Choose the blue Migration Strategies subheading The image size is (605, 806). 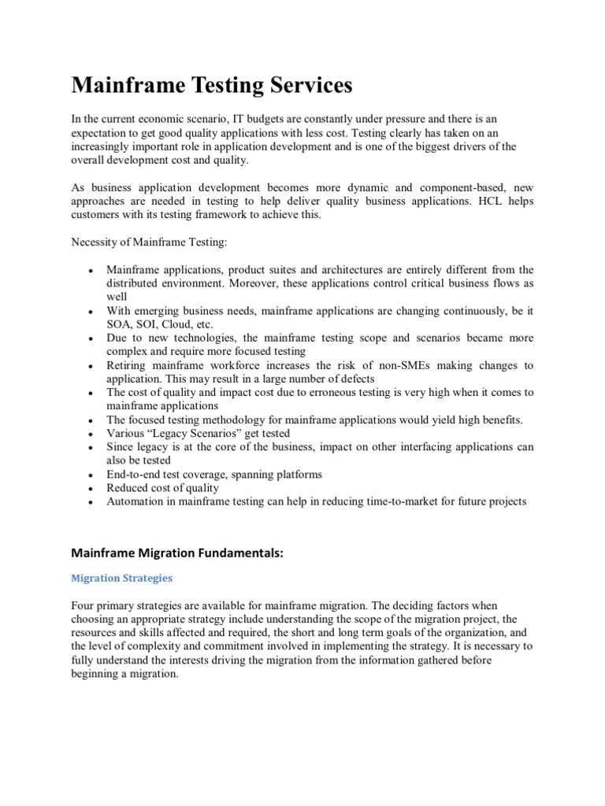121,578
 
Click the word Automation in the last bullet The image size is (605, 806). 135,501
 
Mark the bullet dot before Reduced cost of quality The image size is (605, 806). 91,489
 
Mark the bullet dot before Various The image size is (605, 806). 91,434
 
